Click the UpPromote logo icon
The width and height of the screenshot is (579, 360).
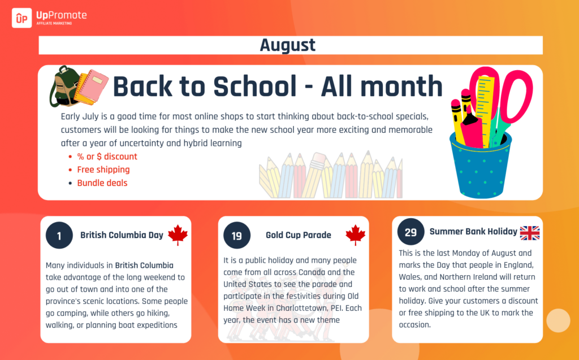coord(22,18)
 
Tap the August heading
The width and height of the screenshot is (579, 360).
coord(288,45)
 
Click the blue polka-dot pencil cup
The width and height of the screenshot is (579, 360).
coord(480,166)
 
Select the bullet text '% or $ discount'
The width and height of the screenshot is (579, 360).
coord(107,157)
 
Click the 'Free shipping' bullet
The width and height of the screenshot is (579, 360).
coord(103,170)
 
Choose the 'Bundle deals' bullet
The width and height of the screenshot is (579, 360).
coord(102,183)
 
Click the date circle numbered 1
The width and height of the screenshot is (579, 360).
coord(59,235)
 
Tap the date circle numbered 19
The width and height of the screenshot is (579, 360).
coord(237,235)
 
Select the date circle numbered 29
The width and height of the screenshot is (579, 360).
coord(411,232)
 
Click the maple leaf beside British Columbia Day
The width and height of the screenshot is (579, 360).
coord(178,235)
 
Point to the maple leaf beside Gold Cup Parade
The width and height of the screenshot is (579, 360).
coord(356,235)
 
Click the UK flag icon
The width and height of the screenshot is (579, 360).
coord(530,233)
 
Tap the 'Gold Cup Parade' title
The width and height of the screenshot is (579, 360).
coord(299,235)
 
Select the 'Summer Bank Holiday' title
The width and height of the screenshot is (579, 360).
coord(473,232)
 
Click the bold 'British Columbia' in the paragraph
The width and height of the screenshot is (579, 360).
coord(144,266)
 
